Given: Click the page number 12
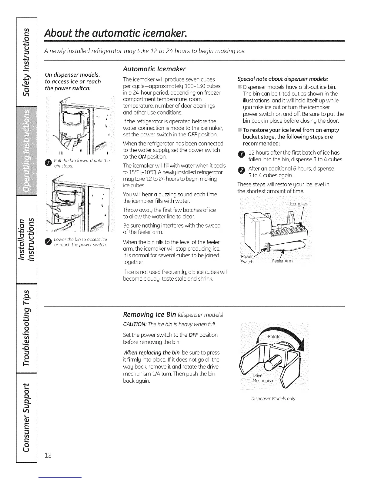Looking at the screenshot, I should point(48,455).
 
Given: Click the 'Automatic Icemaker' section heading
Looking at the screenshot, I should point(154,69).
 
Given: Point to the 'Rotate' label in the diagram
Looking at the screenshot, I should point(274,337).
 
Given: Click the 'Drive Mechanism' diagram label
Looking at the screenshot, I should point(263,378).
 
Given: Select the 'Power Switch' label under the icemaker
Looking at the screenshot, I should point(247,259).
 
